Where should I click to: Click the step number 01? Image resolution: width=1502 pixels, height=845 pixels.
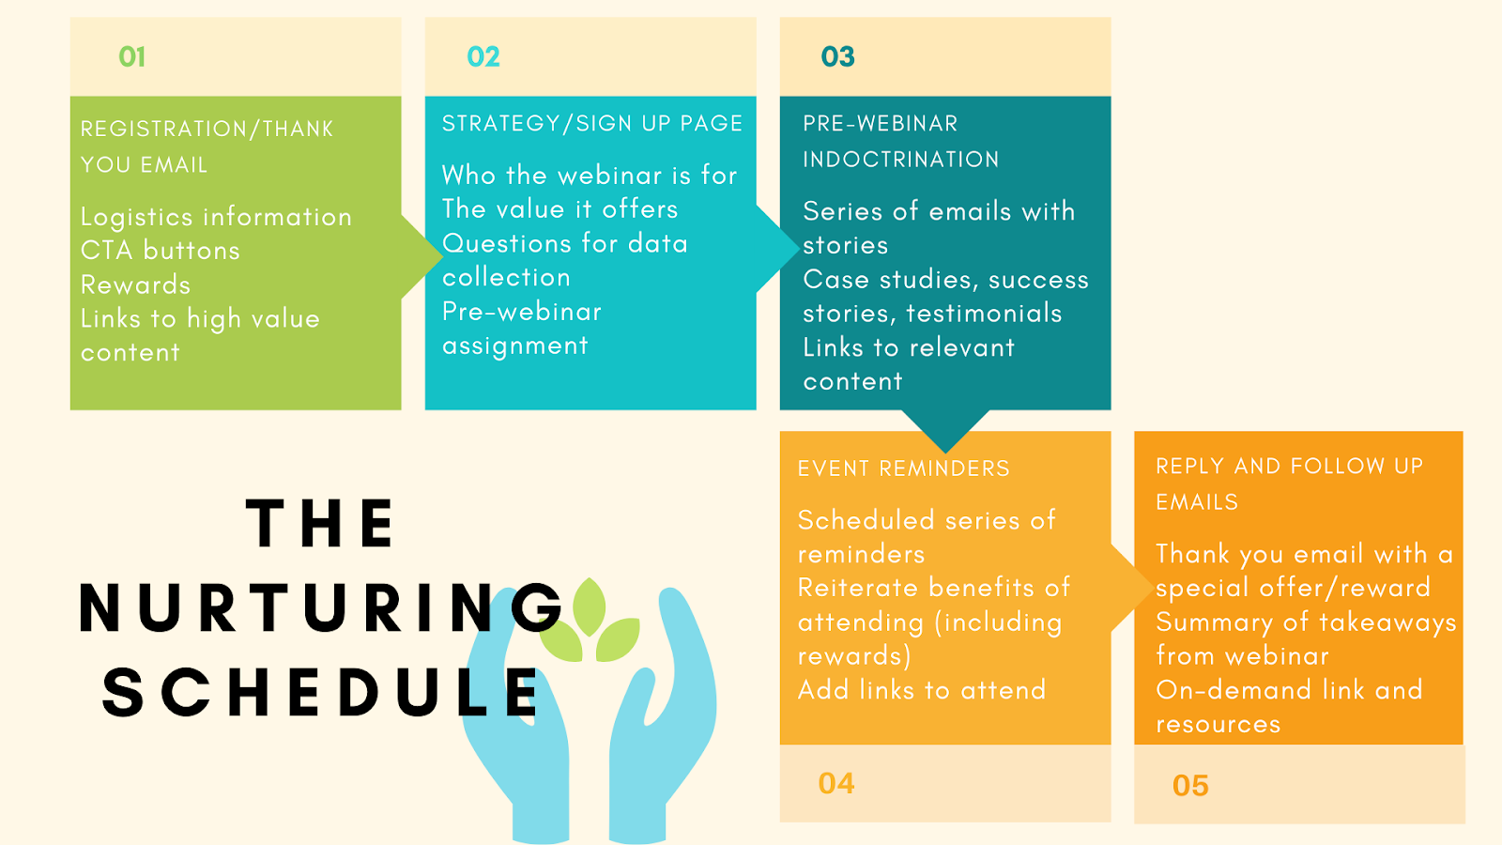point(132,57)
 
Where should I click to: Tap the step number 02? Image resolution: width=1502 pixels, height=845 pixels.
point(483,57)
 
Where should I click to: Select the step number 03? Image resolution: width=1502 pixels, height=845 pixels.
point(838,57)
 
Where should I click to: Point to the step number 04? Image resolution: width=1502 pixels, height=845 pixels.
point(836,783)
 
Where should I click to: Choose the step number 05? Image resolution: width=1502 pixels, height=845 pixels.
point(1191,786)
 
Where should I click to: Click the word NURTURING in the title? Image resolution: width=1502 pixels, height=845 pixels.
point(321,608)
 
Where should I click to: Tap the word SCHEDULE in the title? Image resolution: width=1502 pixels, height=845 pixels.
point(321,693)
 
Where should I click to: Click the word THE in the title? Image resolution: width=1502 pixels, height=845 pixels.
point(320,524)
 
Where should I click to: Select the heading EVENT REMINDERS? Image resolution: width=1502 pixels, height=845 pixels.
point(904,469)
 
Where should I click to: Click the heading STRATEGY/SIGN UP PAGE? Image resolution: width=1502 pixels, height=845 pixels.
point(592,123)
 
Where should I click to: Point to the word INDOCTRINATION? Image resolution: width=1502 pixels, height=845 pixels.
point(901,160)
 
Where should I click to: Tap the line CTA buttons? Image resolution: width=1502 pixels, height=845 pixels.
point(161,251)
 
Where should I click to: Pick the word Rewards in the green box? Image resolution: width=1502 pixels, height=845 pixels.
point(135,285)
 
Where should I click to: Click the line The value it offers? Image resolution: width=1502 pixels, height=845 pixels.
point(559,209)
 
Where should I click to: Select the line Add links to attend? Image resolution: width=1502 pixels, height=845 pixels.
point(922,690)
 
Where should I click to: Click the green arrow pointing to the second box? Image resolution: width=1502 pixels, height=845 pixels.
point(421,256)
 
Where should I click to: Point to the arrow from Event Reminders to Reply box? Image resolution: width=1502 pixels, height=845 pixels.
point(1132,588)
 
